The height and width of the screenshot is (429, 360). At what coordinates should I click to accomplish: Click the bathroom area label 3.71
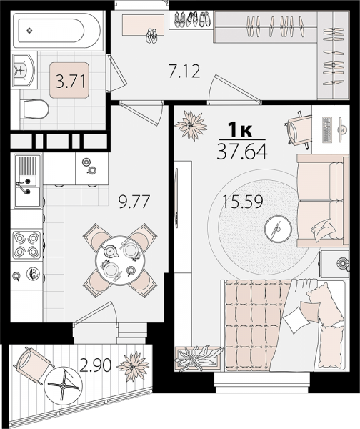71,81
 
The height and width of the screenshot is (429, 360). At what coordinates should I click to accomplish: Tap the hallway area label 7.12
184,71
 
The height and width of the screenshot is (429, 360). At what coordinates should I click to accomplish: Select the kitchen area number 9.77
134,202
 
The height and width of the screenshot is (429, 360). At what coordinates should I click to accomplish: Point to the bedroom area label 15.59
242,202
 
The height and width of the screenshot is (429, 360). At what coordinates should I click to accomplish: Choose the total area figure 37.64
242,152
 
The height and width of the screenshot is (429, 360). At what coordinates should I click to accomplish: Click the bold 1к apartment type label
240,131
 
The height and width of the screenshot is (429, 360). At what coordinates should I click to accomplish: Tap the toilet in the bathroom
34,109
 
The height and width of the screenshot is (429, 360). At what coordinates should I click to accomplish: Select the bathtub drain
30,30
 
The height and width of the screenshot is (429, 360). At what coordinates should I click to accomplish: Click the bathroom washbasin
24,70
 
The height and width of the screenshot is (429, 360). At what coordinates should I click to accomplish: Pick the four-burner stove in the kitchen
26,245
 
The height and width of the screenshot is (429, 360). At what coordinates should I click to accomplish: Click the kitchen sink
27,181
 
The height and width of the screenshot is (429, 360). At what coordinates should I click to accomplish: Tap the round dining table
120,260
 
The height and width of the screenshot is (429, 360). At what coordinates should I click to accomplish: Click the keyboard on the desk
327,129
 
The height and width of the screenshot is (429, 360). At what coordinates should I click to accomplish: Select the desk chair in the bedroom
299,128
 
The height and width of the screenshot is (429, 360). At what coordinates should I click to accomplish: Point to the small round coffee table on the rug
278,229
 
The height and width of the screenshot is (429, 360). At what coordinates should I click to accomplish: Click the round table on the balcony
63,385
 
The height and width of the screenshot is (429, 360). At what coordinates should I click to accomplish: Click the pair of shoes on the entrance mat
152,36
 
